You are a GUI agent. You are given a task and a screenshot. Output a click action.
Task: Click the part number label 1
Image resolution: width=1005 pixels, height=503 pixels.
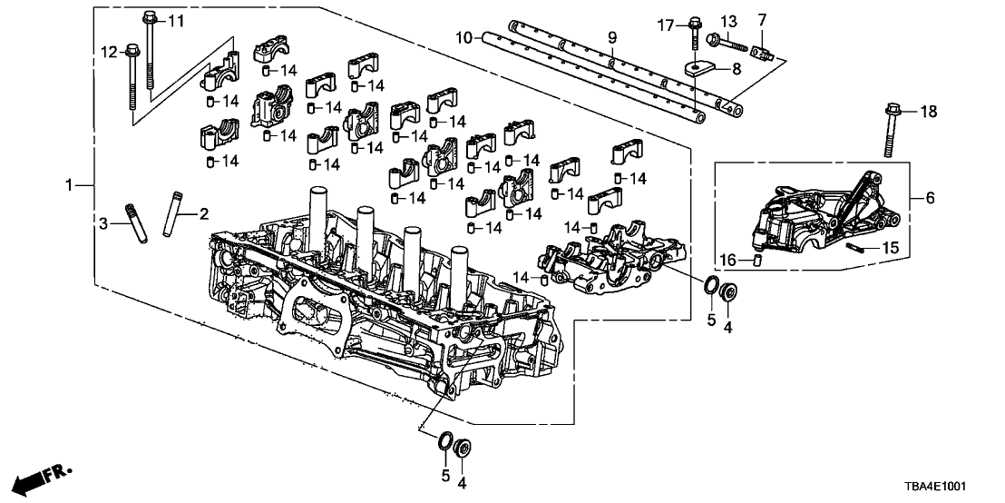68,185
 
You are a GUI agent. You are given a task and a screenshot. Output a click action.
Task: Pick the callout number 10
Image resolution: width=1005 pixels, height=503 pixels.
464,38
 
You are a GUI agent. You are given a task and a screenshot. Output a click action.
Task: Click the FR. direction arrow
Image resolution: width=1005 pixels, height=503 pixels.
41,477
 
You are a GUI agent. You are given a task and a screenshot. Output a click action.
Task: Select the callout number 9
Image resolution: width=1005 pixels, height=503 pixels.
611,38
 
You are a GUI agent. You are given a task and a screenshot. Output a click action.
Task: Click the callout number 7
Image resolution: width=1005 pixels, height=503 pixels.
762,21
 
